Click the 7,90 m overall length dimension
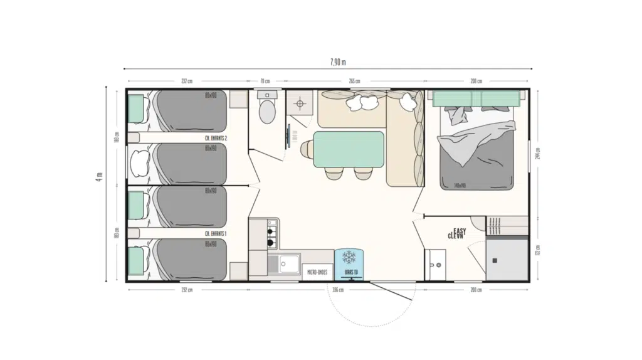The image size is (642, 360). (x=337, y=61)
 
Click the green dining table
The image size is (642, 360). (x=349, y=149)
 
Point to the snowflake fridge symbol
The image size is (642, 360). (x=349, y=257)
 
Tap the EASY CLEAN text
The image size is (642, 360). (x=457, y=234)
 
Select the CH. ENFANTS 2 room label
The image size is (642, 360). (x=216, y=138)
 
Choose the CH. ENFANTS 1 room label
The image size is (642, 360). (x=216, y=233)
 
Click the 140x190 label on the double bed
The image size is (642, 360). (x=460, y=185)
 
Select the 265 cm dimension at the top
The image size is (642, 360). (x=354, y=82)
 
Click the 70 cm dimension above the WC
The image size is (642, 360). (x=265, y=82)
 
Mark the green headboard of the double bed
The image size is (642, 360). (x=478, y=98)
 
